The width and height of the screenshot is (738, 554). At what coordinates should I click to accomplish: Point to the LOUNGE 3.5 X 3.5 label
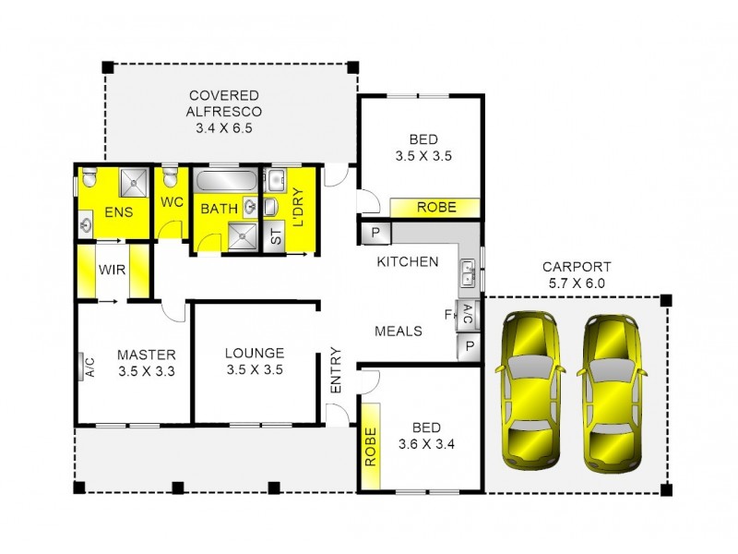point(254,361)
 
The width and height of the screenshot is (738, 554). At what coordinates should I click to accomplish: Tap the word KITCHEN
point(407,261)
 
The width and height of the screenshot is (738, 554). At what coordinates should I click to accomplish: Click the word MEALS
point(399,331)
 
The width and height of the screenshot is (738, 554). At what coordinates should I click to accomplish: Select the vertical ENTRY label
point(336,370)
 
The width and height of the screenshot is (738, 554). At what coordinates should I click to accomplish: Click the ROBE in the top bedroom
point(436,208)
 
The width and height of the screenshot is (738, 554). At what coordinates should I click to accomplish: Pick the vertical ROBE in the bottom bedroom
point(371,447)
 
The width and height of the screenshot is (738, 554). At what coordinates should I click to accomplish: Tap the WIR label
point(113,271)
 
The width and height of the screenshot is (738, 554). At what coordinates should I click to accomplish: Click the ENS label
point(119,212)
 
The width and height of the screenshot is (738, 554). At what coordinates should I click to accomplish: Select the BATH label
point(220,209)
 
